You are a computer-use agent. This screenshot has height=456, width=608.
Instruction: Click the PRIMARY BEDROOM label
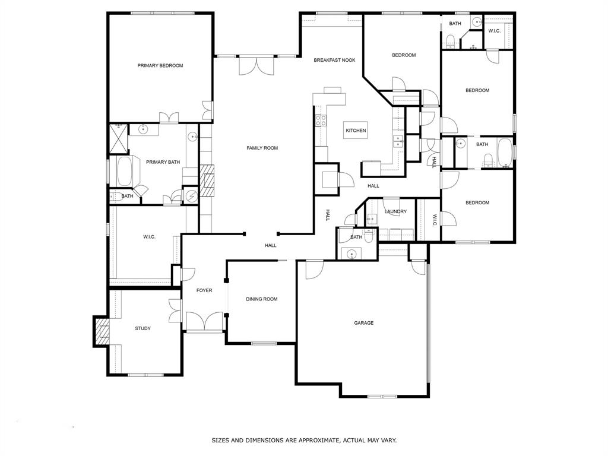click(160, 66)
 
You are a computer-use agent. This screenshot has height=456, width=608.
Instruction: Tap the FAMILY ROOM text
click(262, 148)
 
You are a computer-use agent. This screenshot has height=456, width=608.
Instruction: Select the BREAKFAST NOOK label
click(335, 60)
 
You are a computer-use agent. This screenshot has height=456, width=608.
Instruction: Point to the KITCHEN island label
click(356, 131)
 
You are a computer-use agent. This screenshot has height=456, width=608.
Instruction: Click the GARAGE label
click(364, 323)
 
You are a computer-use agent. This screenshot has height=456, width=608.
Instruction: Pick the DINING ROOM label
click(262, 299)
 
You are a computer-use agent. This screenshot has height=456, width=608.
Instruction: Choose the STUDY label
click(142, 328)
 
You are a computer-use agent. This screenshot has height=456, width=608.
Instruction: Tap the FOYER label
click(204, 290)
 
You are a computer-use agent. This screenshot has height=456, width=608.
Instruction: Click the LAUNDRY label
click(395, 212)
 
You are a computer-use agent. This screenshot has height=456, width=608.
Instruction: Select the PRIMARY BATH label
click(163, 162)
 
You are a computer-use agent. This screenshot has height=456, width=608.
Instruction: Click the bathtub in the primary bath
click(125, 172)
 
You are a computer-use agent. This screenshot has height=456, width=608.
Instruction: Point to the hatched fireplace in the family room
click(207, 180)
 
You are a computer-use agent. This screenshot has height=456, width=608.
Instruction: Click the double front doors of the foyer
click(205, 322)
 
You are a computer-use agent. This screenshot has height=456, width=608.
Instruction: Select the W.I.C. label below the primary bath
click(149, 237)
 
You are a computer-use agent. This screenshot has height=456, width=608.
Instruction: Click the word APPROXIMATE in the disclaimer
click(316, 441)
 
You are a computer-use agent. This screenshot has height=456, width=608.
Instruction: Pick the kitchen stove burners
click(321, 120)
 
